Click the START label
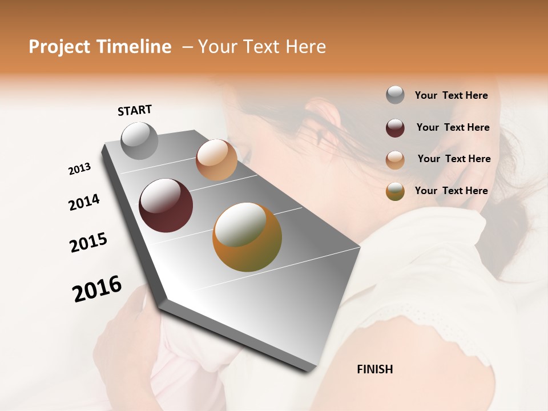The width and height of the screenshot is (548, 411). tap(135, 110)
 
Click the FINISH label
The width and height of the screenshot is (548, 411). tap(375, 369)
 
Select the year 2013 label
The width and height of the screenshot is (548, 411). tap(80, 169)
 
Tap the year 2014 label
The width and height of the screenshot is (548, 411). tap(84, 202)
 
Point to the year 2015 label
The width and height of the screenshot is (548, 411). tap(88, 243)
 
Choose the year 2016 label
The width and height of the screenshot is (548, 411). tap(97, 289)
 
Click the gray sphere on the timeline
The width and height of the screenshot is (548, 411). tap(140, 140)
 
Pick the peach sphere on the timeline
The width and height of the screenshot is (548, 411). tap(216, 160)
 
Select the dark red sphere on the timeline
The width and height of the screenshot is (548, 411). tap(166, 205)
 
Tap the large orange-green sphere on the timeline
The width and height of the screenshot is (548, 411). tap(247, 237)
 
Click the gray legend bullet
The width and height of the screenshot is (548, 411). tap(395, 95)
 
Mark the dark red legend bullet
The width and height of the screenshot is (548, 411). tap(395, 128)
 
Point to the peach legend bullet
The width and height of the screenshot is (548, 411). tap(395, 160)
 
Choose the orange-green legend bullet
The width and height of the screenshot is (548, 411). tap(395, 192)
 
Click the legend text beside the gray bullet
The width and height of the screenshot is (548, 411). tap(452, 95)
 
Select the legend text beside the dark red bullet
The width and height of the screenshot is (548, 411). tap(453, 127)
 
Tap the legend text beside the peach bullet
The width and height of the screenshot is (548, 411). tap(454, 159)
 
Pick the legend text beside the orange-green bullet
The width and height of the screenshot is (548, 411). tap(452, 191)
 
